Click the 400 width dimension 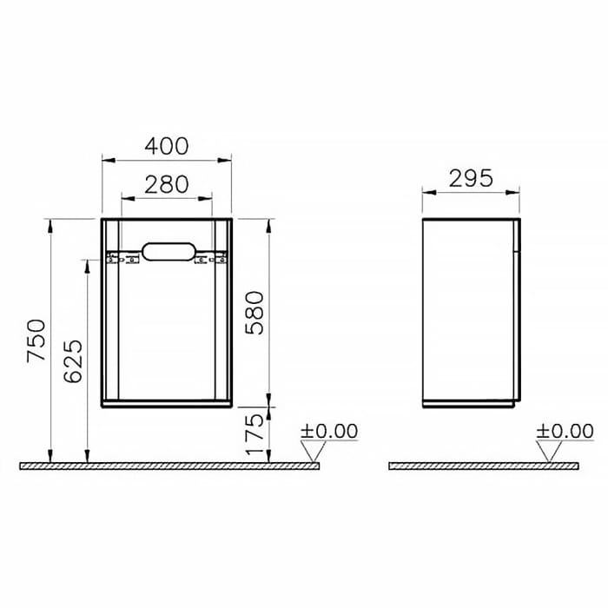(x=166, y=146)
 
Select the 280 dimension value (x=166, y=184)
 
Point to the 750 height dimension (x=36, y=340)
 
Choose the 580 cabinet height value (x=253, y=312)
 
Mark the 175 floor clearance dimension (x=253, y=434)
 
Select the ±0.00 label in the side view (x=563, y=431)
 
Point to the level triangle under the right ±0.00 (x=547, y=450)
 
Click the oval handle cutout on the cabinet (x=167, y=253)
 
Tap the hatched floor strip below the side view (x=483, y=466)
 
